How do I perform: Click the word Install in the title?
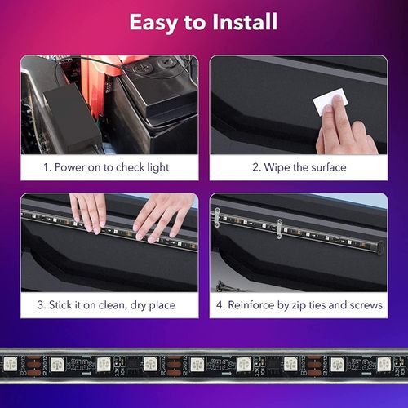click(245, 22)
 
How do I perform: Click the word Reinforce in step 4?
click(251, 305)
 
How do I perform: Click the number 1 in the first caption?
click(47, 167)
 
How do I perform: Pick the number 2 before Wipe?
click(256, 167)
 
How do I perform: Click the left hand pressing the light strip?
click(88, 212)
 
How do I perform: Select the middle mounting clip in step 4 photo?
click(279, 228)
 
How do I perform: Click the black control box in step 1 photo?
click(72, 120)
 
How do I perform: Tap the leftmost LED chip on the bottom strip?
click(11, 364)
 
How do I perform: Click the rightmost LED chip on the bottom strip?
click(384, 364)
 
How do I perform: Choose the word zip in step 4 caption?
click(298, 305)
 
